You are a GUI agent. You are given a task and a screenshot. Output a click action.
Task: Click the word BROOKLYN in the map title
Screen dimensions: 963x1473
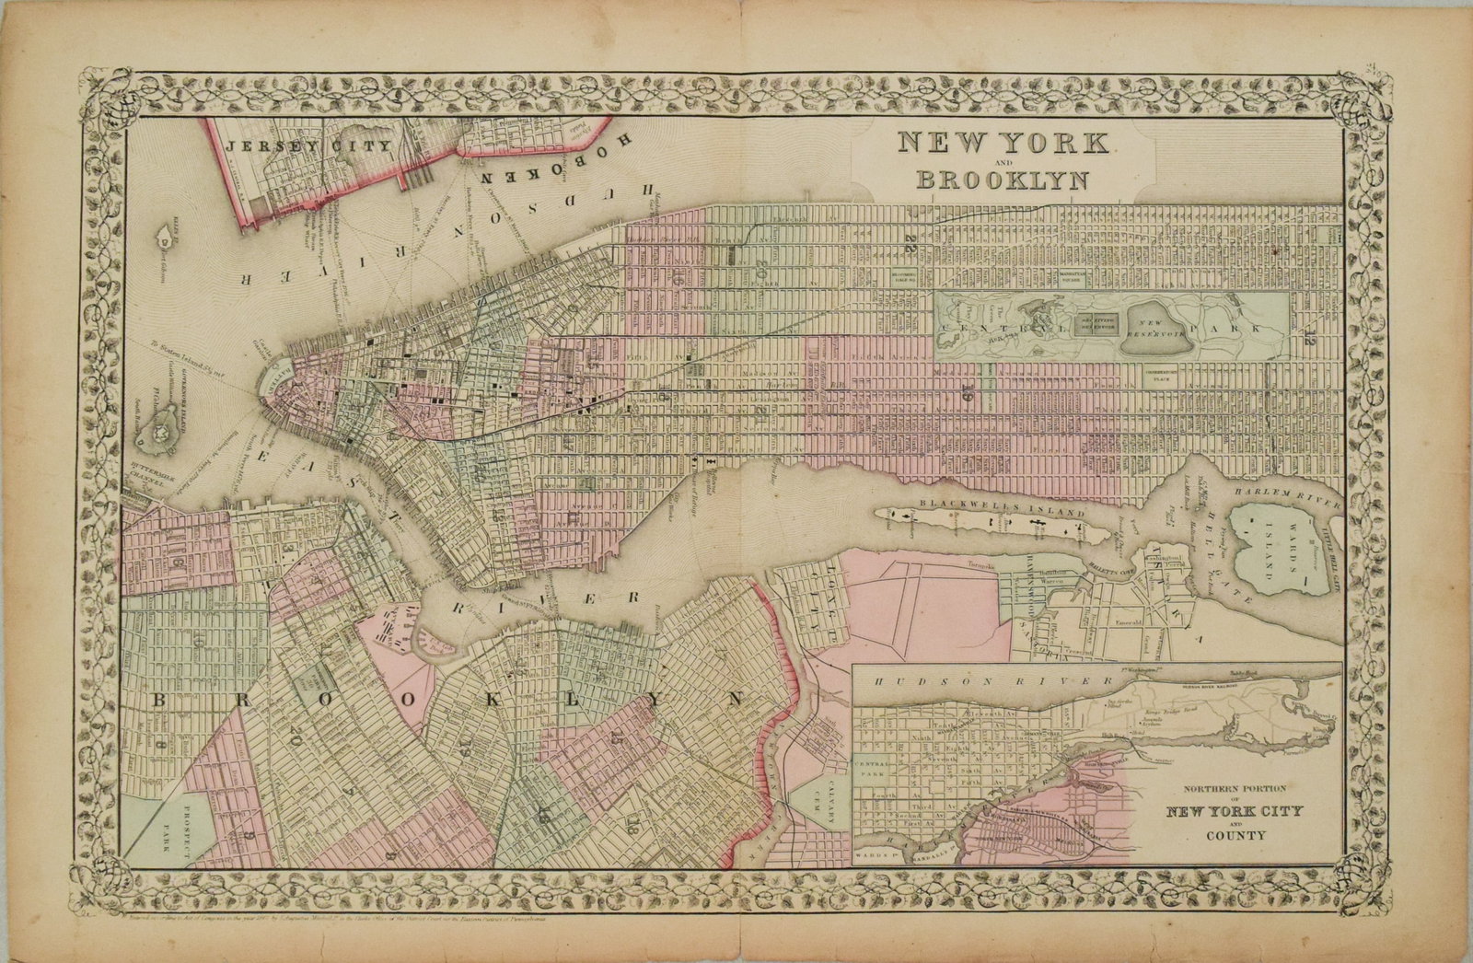pos(1002,179)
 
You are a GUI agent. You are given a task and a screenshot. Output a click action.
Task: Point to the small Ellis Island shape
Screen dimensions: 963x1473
pos(162,226)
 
